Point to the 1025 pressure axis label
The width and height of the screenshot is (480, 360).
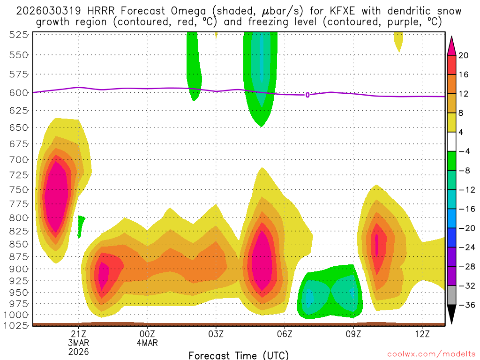pos(18,324)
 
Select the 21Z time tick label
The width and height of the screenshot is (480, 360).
pos(78,334)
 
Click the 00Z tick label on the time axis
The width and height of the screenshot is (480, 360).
pos(147,334)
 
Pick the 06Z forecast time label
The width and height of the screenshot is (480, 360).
pos(285,334)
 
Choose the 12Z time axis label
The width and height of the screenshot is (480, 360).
pos(422,334)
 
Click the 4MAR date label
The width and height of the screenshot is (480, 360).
pos(147,343)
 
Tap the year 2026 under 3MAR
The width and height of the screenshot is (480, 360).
pos(78,351)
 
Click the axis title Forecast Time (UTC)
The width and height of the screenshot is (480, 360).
pos(239,355)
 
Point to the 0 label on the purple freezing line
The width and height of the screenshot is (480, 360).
pos(307,95)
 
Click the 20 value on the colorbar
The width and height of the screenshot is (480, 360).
pos(464,55)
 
